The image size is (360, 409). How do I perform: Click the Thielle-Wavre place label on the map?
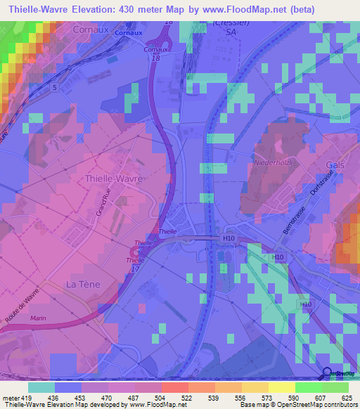114,178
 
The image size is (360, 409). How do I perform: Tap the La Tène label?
80,284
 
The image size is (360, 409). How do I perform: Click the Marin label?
39,318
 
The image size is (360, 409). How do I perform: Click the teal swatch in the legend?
41,387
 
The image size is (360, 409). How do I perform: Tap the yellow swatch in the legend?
281,387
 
